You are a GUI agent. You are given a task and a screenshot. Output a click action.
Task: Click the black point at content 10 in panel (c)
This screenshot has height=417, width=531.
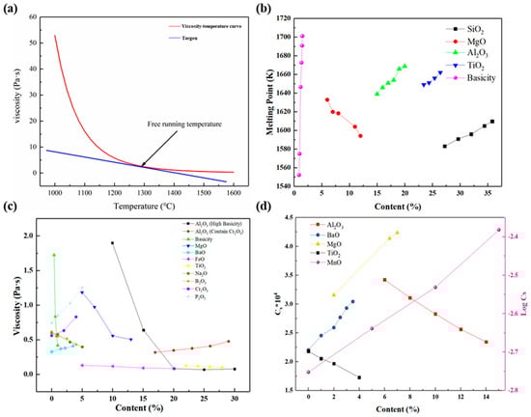click(x=113, y=243)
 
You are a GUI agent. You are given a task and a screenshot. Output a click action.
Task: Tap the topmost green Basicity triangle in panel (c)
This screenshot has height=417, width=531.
click(x=54, y=255)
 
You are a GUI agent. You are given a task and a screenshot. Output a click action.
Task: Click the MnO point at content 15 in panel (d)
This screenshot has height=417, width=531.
click(x=498, y=230)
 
